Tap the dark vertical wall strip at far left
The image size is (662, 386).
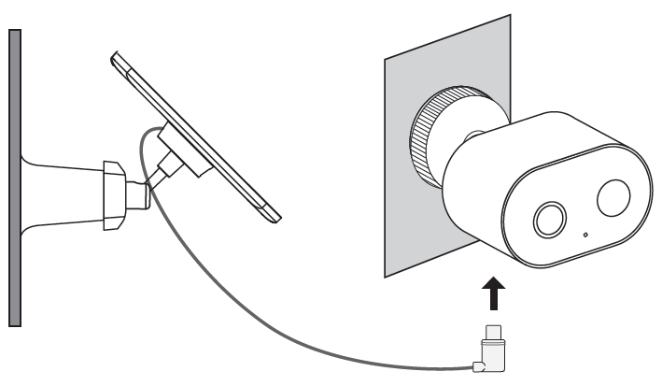click(x=14, y=178)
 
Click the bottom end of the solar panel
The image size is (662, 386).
click(x=272, y=217)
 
